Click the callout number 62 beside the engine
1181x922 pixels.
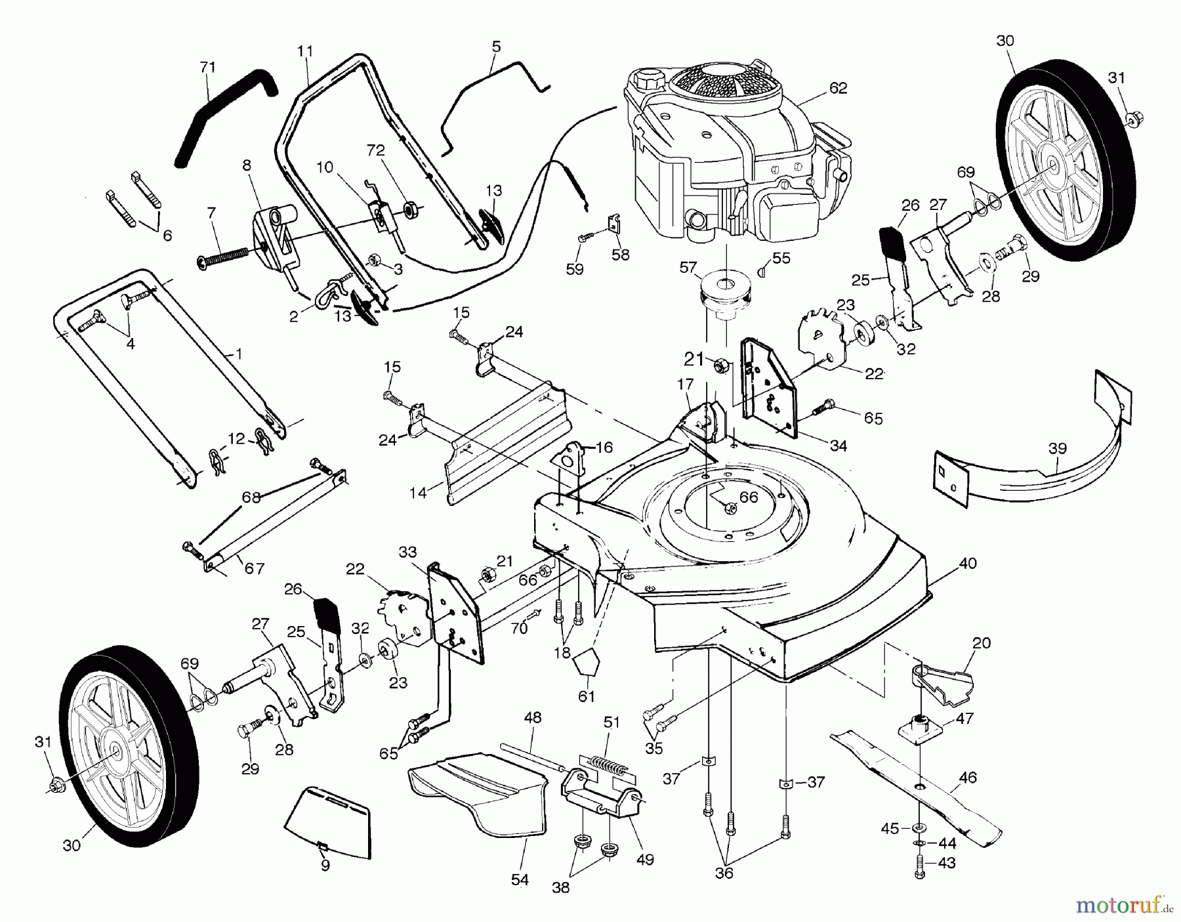click(x=838, y=88)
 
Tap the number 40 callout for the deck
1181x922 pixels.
click(x=968, y=563)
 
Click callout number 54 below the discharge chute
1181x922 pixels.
click(x=520, y=880)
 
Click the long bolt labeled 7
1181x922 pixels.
click(x=223, y=257)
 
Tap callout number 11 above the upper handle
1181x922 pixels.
click(x=305, y=51)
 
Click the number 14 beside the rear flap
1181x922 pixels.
click(x=417, y=492)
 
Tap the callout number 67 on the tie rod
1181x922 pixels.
click(x=254, y=568)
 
